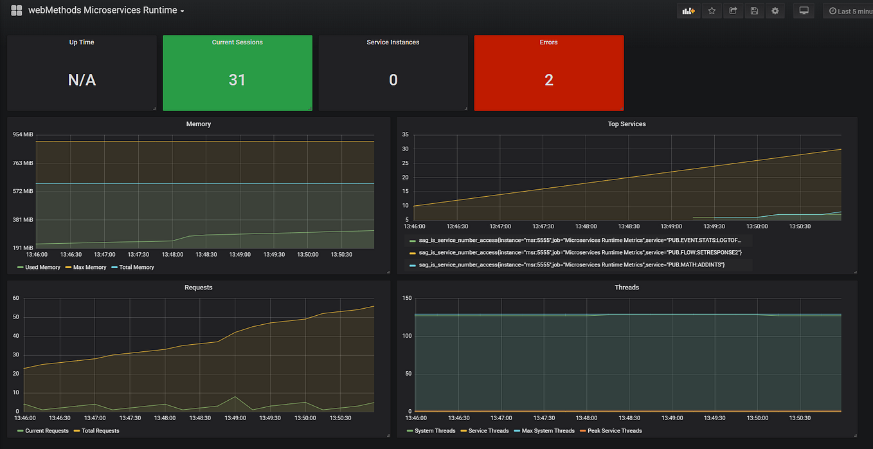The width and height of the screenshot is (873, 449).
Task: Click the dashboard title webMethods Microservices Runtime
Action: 103,10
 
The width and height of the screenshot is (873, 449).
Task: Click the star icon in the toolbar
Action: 712,11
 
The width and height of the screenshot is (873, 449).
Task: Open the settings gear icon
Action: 775,11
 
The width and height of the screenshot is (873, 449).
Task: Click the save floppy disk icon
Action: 754,11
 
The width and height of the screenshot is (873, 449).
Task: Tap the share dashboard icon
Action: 733,11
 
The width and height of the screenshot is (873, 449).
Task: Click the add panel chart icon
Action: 688,11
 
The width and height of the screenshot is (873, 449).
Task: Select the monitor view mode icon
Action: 804,11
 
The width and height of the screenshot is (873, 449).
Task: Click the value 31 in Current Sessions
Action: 237,80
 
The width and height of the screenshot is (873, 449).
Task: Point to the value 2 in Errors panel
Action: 548,80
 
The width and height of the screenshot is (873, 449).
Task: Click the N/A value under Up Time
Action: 82,80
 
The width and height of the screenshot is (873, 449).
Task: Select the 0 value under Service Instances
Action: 393,80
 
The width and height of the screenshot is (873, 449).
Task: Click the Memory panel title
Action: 198,124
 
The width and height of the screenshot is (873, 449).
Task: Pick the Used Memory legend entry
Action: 42,267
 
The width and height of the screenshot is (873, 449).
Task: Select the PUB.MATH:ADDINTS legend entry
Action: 571,264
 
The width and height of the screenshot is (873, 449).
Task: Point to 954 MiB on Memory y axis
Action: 22,134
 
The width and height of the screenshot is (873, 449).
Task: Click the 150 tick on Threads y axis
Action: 406,298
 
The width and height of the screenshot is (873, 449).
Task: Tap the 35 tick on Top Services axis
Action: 405,134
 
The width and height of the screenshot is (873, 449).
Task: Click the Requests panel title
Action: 198,287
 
